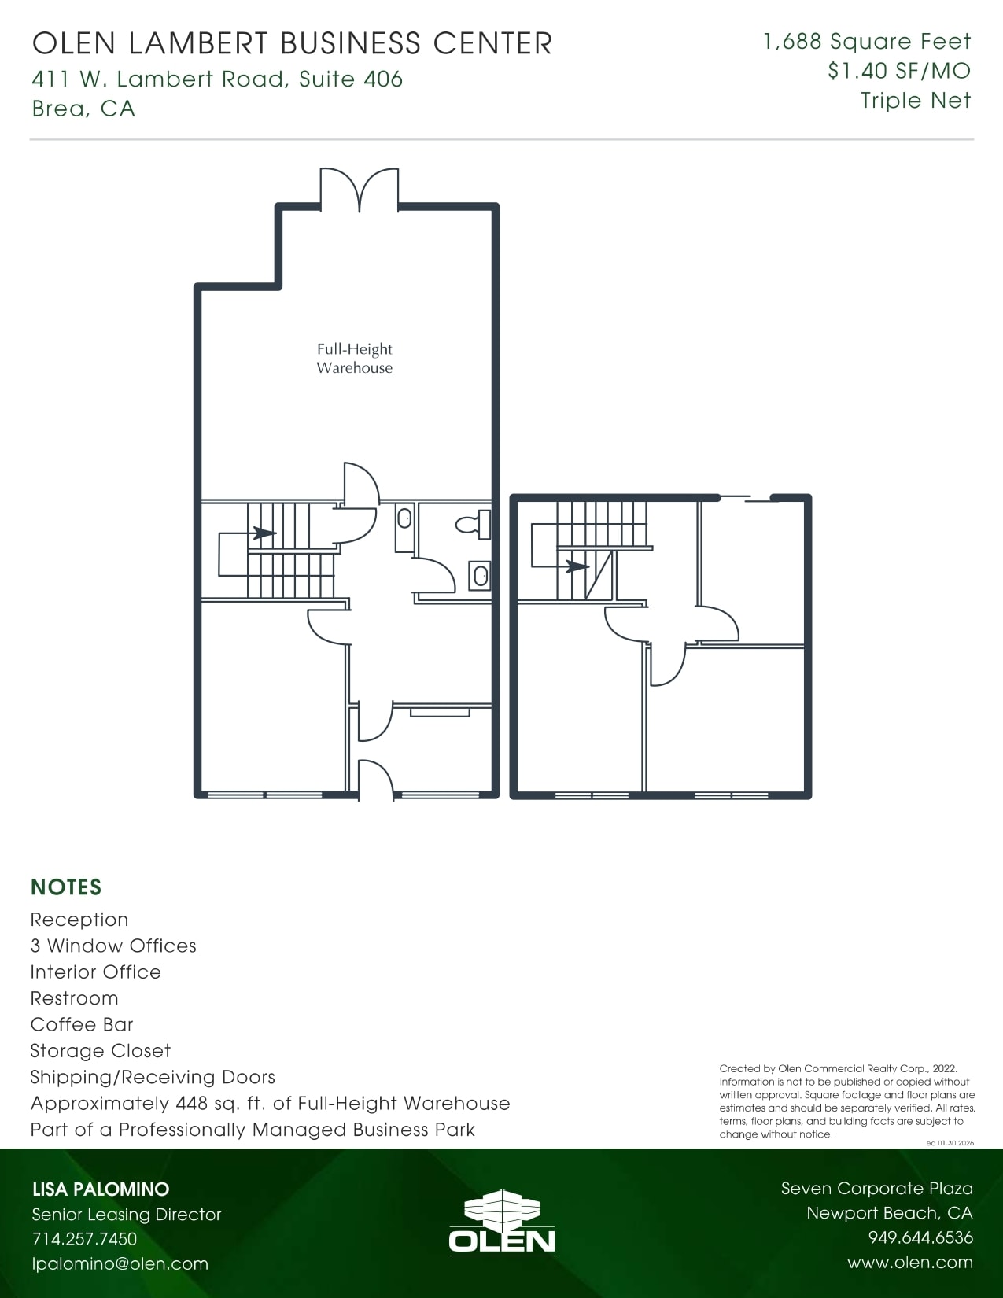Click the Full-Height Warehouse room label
[354, 359]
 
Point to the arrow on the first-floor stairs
[263, 533]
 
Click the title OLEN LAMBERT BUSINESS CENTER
[292, 43]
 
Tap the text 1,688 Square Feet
[867, 42]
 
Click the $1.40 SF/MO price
[898, 72]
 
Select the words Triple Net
[915, 101]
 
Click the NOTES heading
[66, 887]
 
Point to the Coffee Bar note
[82, 1024]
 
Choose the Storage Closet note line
[100, 1051]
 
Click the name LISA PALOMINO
[101, 1189]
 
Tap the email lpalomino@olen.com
[120, 1264]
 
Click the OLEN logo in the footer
[501, 1223]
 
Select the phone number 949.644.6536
[920, 1237]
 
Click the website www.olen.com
[909, 1263]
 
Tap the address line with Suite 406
[217, 79]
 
